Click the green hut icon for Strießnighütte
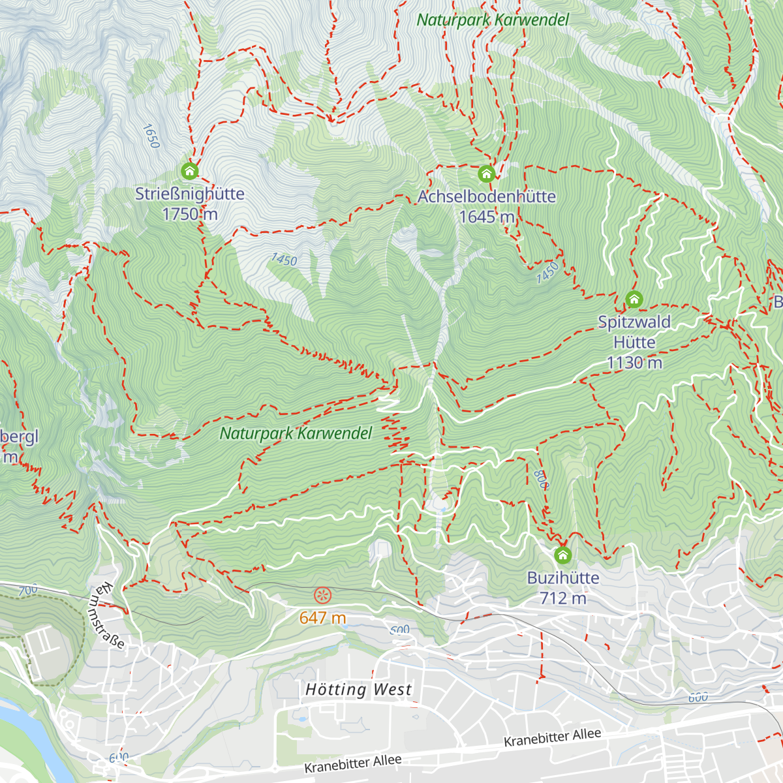point(189,171)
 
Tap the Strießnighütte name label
point(189,194)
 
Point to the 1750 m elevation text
point(189,214)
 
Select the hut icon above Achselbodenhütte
point(486,174)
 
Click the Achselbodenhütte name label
point(486,196)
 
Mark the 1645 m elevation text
point(487,217)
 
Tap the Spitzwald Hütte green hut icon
point(634,299)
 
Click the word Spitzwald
point(634,322)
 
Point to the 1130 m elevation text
point(634,363)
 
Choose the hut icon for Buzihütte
point(562,555)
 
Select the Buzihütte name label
point(563,577)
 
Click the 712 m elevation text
point(563,598)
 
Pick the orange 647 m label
point(322,617)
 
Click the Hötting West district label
point(358,690)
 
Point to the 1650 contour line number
point(150,136)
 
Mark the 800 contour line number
point(541,480)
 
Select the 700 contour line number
point(28,591)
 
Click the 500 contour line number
point(399,630)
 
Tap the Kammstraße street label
point(105,616)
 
